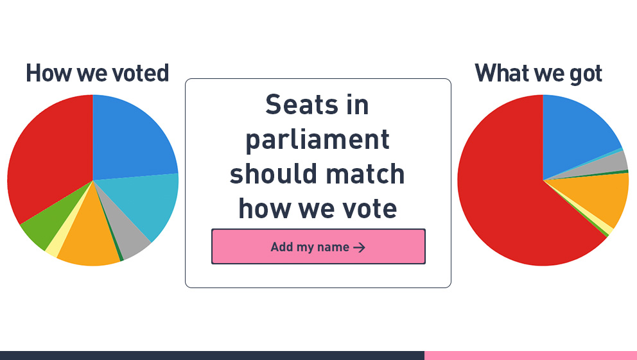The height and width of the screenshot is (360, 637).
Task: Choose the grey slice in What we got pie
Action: [613, 162]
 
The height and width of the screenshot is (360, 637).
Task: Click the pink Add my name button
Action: [318, 246]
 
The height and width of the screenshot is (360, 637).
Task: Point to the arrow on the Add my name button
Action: [360, 247]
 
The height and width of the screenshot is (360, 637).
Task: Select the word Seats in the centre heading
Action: [299, 105]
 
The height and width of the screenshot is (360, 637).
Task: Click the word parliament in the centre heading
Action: [318, 139]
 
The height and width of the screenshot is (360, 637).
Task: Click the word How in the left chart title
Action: [48, 73]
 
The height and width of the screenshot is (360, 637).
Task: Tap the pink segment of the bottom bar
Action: [530, 355]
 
